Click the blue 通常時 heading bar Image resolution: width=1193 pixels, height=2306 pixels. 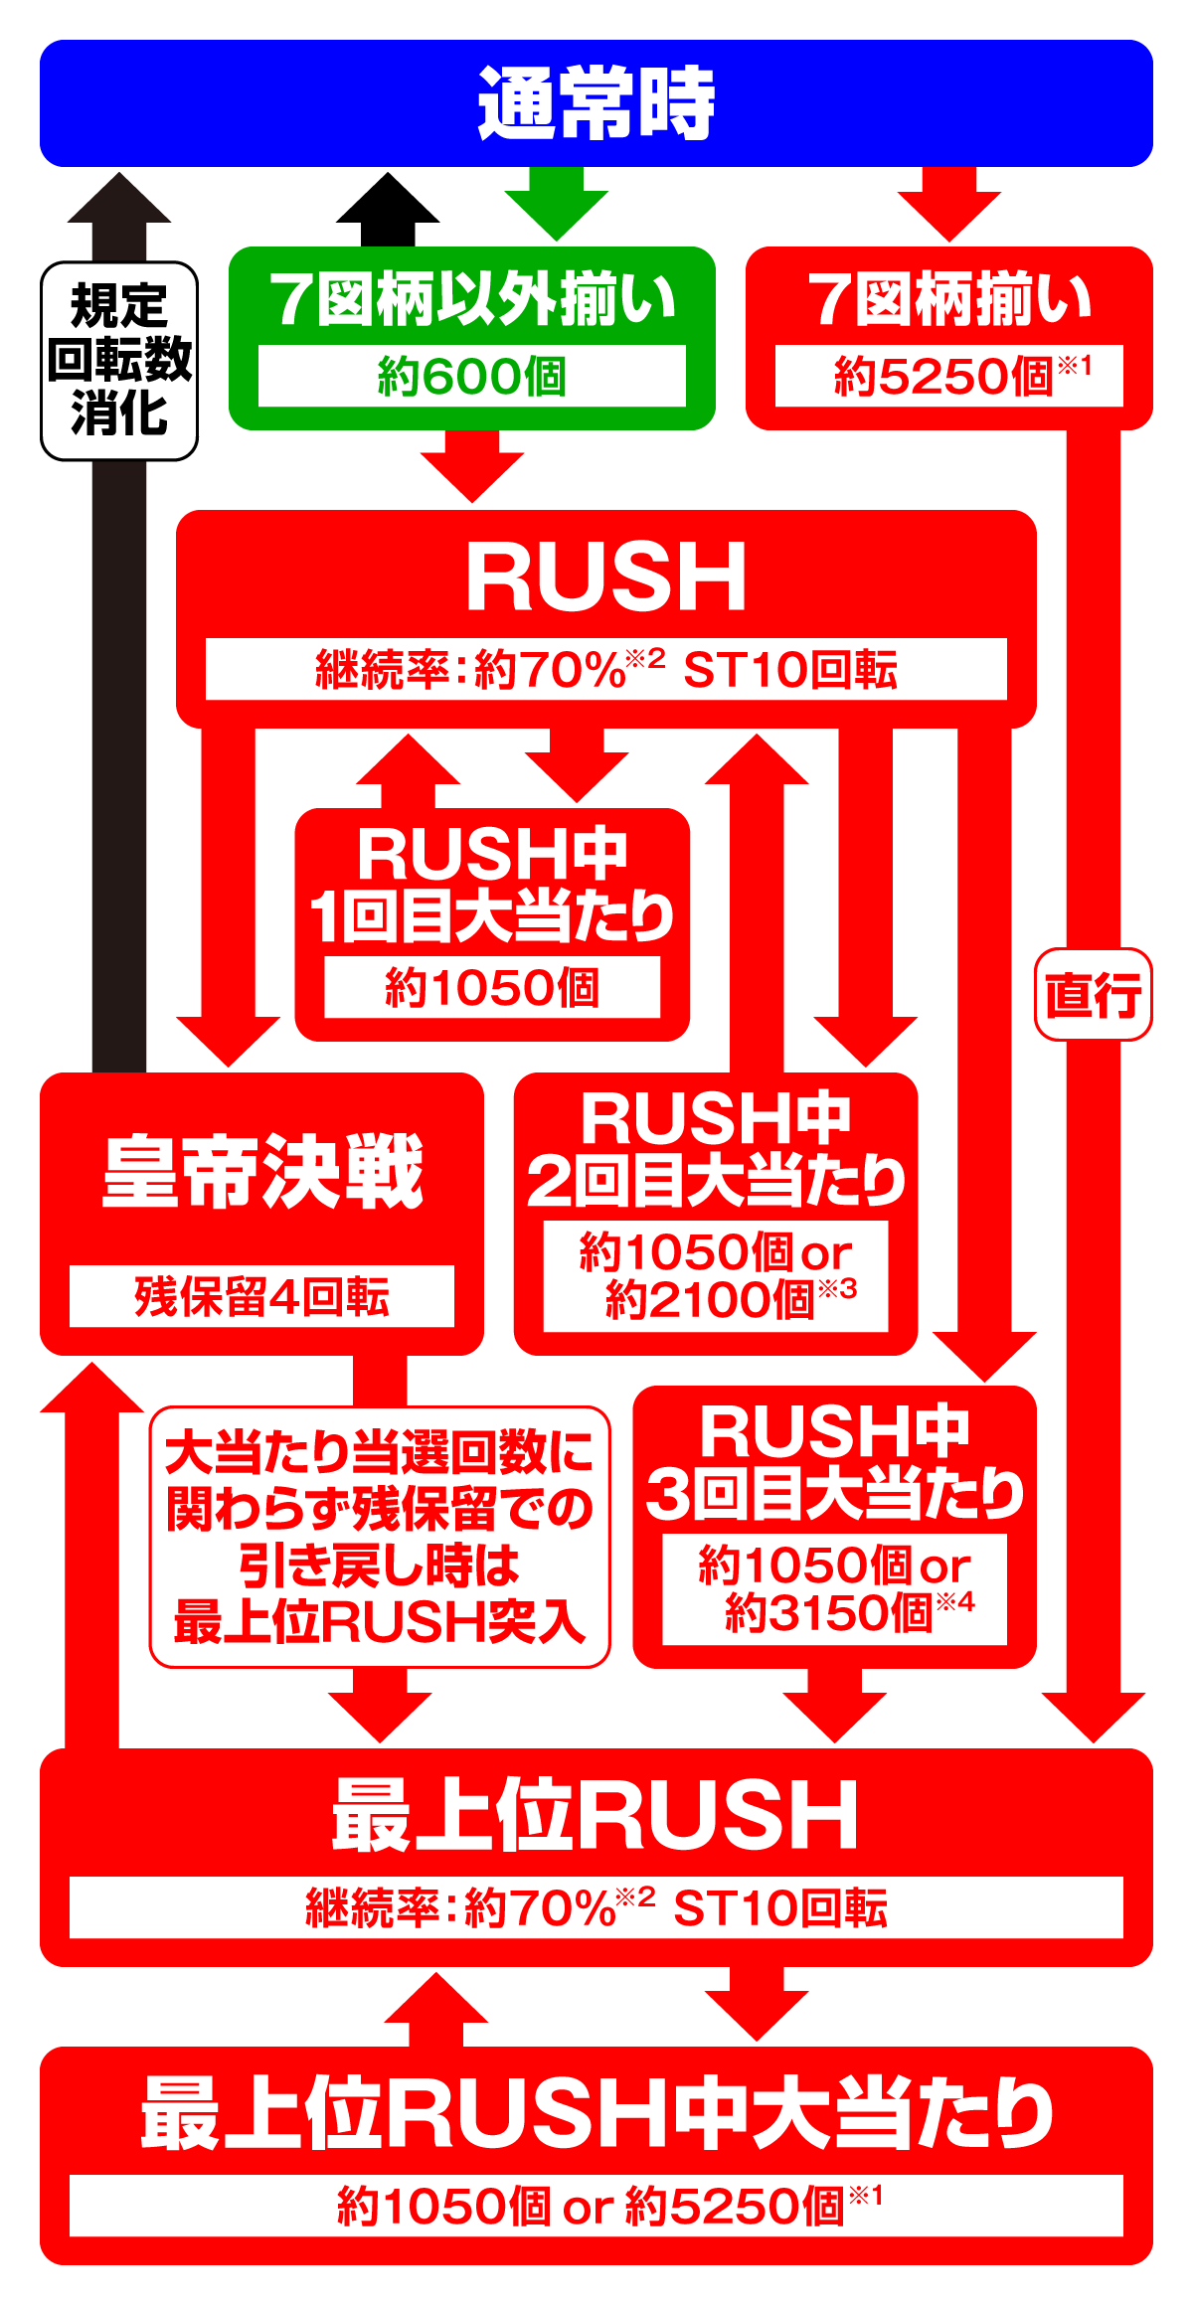(x=596, y=103)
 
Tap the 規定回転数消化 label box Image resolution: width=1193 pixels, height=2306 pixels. (x=119, y=360)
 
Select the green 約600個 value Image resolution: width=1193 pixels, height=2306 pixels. (x=471, y=377)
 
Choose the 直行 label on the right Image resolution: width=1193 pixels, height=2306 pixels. (x=1093, y=995)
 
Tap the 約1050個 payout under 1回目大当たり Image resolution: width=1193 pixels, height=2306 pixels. (x=492, y=988)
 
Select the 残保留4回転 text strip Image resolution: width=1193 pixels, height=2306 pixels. (x=261, y=1297)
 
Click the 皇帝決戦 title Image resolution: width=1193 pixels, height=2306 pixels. (x=262, y=1174)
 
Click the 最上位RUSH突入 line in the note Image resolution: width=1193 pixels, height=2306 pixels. (x=380, y=1623)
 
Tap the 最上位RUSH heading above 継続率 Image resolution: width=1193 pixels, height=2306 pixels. (x=596, y=1816)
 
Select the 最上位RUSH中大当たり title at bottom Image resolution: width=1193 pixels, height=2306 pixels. (x=596, y=2114)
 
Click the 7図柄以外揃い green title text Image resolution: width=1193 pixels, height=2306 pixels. (x=472, y=299)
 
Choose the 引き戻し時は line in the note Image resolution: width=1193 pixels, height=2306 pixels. (x=380, y=1566)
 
